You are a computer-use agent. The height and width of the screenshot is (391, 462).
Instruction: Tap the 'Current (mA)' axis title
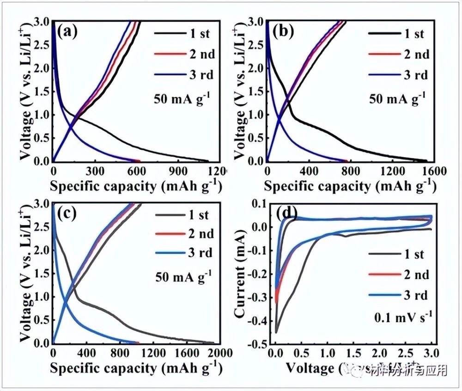240,273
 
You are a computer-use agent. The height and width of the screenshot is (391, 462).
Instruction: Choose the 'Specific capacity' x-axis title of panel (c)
134,369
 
